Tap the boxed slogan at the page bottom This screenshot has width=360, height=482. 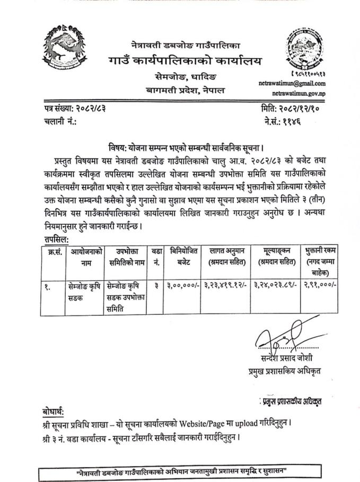pos(180,471)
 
